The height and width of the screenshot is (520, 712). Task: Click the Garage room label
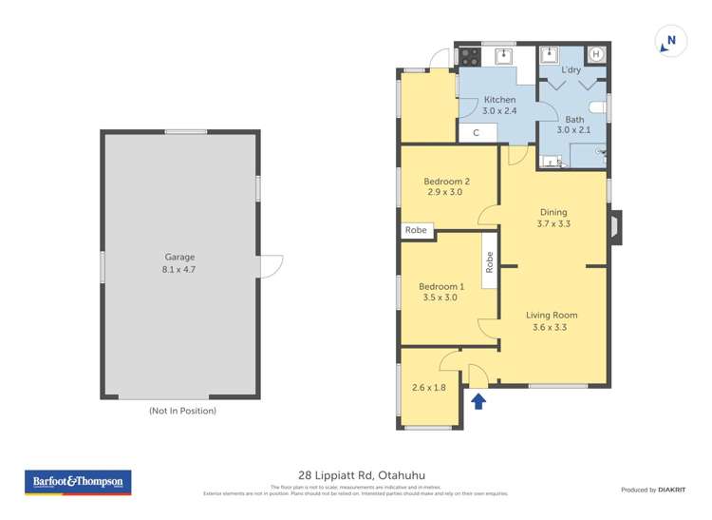179,262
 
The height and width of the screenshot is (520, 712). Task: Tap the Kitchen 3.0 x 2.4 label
500,106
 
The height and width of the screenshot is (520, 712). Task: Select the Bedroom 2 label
446,186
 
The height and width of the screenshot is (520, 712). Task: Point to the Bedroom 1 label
441,292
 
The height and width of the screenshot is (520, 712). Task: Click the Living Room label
553,321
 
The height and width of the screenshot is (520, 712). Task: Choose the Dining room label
553,218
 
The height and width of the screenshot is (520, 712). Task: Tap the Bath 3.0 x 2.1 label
574,125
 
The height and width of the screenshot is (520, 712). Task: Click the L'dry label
571,70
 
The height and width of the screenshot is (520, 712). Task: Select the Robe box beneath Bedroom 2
417,230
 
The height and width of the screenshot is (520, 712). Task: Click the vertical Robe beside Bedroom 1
490,261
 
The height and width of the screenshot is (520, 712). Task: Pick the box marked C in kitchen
477,134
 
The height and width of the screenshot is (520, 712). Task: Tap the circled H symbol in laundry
596,55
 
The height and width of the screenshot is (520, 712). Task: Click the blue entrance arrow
478,401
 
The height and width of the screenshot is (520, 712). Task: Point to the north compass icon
670,41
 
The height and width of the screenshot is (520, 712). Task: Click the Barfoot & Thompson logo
78,483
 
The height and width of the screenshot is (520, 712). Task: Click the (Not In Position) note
182,411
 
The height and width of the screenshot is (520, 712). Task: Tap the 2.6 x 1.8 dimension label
429,387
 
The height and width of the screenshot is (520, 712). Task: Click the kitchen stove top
468,56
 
